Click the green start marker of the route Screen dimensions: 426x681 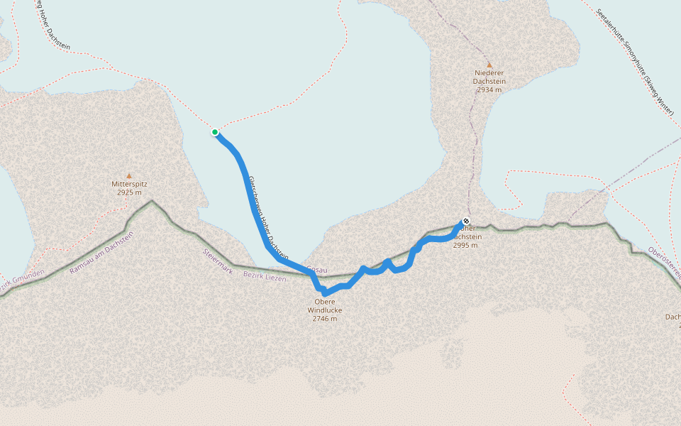click(215, 132)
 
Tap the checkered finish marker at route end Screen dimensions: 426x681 click(466, 221)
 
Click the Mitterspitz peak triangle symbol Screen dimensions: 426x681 click(129, 175)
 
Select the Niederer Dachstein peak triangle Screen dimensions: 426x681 click(489, 65)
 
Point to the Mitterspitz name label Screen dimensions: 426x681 click(129, 185)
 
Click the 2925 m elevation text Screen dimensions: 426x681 click(129, 192)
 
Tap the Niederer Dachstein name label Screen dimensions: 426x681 click(489, 77)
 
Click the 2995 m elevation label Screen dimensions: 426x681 click(465, 245)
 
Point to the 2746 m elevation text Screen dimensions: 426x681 click(325, 319)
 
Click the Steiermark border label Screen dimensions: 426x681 click(217, 261)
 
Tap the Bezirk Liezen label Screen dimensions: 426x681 click(265, 276)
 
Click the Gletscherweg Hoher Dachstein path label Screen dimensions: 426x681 click(267, 216)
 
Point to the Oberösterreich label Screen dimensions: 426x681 click(665, 263)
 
